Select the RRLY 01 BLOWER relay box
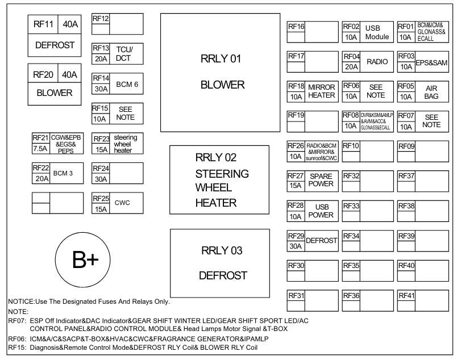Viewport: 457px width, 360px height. tap(220, 72)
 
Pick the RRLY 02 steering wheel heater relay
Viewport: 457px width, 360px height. tap(219, 179)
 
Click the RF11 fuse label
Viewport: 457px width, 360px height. tap(43, 24)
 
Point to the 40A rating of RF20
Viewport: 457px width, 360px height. tap(70, 74)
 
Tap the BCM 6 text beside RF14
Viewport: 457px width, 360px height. tap(127, 84)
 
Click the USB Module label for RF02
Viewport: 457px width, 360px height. tap(376, 32)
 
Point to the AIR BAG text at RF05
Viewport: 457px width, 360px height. tap(431, 92)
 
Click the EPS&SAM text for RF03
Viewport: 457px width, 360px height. tap(431, 62)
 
